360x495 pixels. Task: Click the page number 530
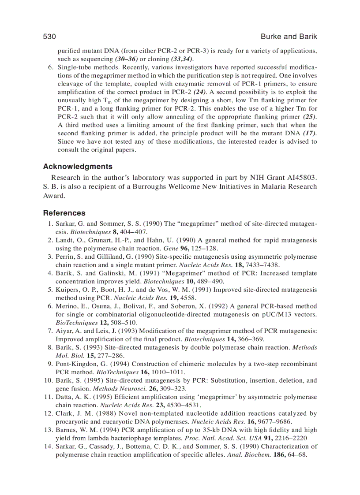tap(49, 37)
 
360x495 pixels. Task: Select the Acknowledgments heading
tap(78, 167)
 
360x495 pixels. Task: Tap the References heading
tap(64, 213)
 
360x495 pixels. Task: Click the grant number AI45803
tap(300, 178)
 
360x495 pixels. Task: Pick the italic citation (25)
tap(310, 117)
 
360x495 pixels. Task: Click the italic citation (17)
tap(310, 133)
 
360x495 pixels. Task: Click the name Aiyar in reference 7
tap(63, 331)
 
